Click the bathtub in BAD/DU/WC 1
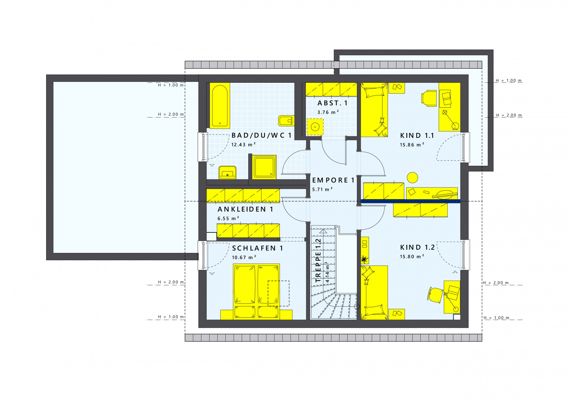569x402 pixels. tap(220, 106)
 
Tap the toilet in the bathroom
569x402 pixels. tap(286, 121)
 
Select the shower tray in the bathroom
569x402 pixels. tap(264, 167)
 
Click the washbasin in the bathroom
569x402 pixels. tap(227, 172)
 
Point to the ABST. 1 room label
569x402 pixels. tap(333, 103)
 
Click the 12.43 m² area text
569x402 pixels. tap(243, 145)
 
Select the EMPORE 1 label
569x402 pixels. tap(333, 180)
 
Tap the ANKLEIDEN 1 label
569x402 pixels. tap(245, 209)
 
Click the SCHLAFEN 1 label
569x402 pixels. tap(258, 248)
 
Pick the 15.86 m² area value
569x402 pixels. tap(412, 145)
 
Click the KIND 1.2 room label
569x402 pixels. tap(417, 247)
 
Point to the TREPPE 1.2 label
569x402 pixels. tap(318, 260)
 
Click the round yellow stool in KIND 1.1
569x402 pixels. tap(412, 177)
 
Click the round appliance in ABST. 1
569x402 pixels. tap(315, 127)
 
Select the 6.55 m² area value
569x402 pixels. tap(228, 218)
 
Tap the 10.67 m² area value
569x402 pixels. tap(244, 257)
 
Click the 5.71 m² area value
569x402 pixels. tap(322, 189)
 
